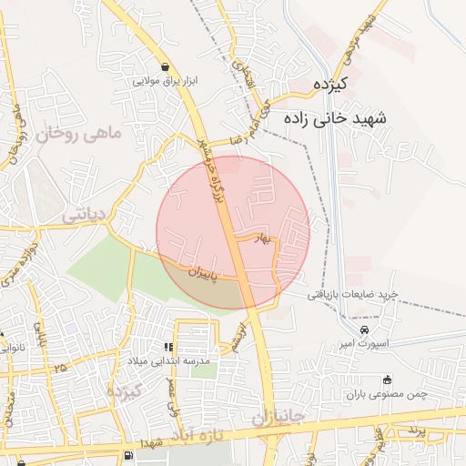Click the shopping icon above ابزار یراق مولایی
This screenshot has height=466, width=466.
(165, 66)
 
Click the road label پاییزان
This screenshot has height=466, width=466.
(206, 270)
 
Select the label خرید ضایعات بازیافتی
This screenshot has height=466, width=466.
(353, 294)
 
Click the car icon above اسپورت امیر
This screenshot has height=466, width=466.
(364, 329)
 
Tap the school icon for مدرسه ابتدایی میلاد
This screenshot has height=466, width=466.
(167, 347)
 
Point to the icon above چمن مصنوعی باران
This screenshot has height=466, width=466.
(388, 380)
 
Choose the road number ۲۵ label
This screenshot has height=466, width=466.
(60, 367)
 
